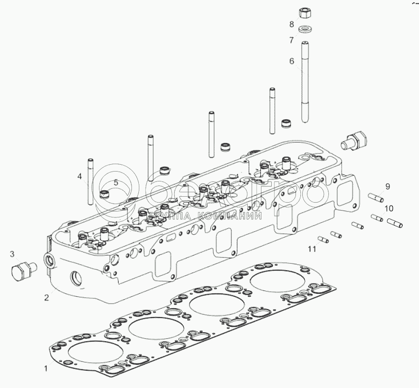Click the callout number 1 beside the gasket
point(46,368)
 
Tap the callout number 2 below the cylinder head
point(46,297)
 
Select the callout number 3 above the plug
point(13,254)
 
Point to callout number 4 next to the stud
point(78,176)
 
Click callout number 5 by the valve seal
point(116,182)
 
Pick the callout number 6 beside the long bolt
point(291,61)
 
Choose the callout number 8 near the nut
point(291,24)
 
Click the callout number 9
point(387,186)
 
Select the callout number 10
point(389,208)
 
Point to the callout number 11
point(311,249)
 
